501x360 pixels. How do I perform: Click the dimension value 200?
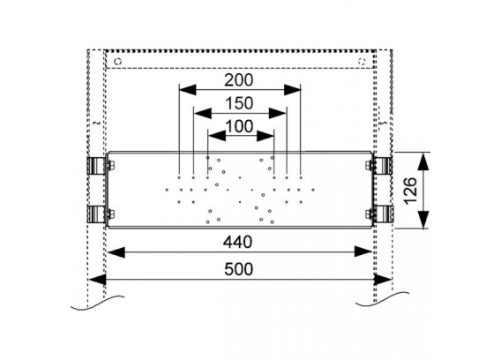pos(238,80)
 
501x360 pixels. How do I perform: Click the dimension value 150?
pos(239,103)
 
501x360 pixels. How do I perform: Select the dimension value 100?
pos(239,126)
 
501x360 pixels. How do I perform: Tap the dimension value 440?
pos(238,242)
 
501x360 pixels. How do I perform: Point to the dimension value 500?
pos(238,269)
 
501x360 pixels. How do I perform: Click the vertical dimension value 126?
pos(410,191)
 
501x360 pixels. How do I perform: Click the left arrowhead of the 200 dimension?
pos(188,90)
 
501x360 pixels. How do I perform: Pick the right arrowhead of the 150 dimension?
pos(277,113)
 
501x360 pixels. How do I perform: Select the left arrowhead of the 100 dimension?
pos(217,137)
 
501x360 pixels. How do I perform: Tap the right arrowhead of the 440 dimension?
pos(363,252)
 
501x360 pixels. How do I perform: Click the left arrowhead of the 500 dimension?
pos(97,280)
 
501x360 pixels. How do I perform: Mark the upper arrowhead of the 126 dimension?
pos(423,161)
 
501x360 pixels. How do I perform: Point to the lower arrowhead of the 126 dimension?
pos(423,219)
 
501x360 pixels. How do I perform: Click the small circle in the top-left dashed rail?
pos(118,61)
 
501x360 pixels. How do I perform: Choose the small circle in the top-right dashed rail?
pos(362,61)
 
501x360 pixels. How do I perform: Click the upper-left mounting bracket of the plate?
pos(96,166)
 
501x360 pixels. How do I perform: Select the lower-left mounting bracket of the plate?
pos(96,214)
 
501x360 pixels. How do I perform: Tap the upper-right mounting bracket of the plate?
pos(383,166)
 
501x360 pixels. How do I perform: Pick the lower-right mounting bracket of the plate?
pos(383,214)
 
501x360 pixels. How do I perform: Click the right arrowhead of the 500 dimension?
pos(383,280)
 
